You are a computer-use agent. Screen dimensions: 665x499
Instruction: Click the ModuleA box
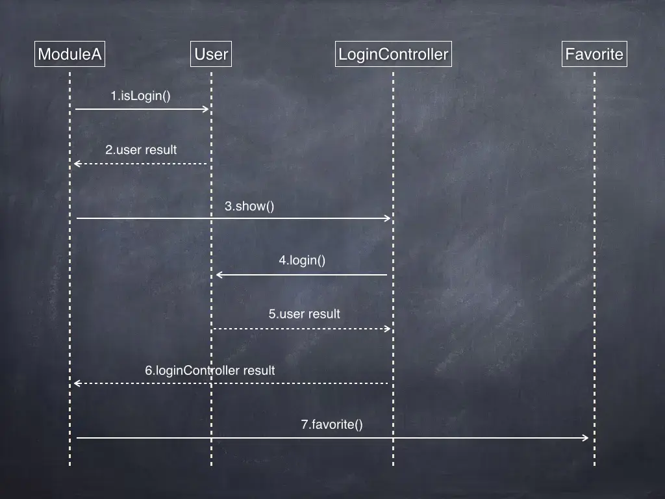coord(69,54)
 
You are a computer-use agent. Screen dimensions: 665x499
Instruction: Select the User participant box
coord(211,54)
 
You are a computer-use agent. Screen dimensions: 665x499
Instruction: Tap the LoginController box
coord(393,54)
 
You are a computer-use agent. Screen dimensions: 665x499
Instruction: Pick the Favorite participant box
coord(594,54)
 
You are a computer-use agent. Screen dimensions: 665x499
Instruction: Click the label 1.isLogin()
coord(140,96)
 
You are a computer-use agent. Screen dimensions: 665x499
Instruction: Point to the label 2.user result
coord(141,150)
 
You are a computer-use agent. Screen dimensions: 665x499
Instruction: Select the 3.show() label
coord(249,207)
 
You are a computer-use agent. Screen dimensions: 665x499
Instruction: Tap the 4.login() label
coord(302,261)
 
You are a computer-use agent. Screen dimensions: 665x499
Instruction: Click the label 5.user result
coord(304,314)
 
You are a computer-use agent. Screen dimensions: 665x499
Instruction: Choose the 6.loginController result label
coord(210,370)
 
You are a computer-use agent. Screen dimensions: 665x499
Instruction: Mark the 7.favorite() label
coord(331,425)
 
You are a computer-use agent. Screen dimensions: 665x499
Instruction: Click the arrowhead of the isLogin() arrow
coord(206,109)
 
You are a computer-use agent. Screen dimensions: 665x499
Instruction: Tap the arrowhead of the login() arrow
coord(219,275)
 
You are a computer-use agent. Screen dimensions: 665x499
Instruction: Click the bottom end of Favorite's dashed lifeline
coord(594,465)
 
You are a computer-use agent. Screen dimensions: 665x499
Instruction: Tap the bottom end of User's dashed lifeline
coord(211,465)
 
